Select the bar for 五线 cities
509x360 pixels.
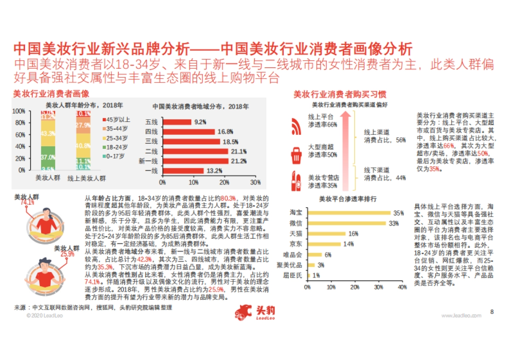176,122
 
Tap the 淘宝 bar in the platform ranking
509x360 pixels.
349,213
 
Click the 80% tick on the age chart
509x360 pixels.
20,123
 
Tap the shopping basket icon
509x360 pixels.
296,154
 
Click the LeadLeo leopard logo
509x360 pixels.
245,312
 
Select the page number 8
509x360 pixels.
492,312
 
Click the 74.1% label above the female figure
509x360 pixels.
28,202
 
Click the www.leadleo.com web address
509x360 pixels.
461,316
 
